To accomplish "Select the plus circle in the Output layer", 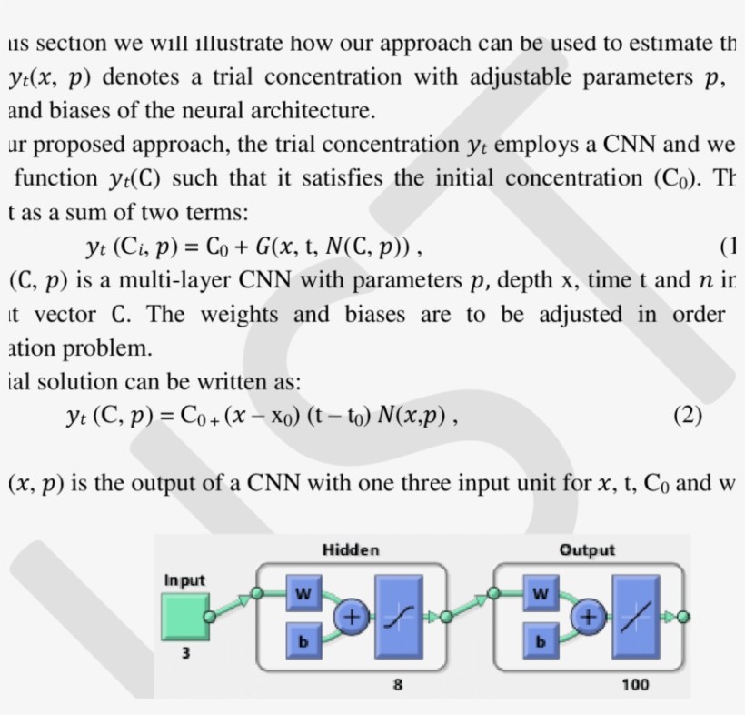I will [588, 619].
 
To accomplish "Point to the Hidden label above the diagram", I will [351, 549].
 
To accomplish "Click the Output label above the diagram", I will [587, 549].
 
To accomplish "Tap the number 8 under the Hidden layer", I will [398, 684].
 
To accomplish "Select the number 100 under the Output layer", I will [635, 684].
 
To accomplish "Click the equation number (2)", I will [688, 416].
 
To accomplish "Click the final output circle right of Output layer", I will [683, 617].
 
